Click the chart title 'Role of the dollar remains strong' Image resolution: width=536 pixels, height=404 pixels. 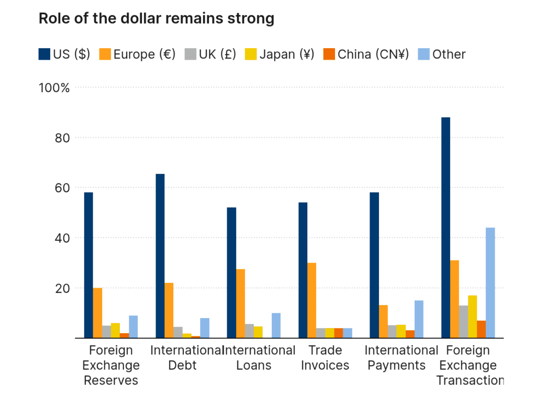tap(157, 19)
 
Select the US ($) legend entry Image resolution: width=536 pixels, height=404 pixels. tap(65, 54)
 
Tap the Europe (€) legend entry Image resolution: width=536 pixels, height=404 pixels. tap(138, 54)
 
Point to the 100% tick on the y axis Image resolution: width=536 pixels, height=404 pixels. tap(54, 88)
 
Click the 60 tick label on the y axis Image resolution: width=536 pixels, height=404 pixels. tap(62, 188)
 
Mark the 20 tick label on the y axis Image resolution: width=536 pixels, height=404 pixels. tap(62, 288)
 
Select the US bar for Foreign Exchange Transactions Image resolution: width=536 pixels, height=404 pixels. tap(445, 227)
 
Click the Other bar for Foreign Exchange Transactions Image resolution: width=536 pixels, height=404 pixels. tap(490, 283)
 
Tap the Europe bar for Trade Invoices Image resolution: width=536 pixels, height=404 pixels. tap(311, 300)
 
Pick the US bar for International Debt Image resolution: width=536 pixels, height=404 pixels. tap(160, 256)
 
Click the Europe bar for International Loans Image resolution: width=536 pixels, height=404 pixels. tap(240, 303)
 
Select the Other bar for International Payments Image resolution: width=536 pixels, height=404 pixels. tap(419, 319)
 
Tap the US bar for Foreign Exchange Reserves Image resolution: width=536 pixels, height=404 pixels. tap(88, 265)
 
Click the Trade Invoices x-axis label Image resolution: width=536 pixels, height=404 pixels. tap(325, 357)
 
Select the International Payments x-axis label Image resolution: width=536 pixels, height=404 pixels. tap(400, 357)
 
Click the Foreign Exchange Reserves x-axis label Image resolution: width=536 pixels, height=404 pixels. tap(111, 365)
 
